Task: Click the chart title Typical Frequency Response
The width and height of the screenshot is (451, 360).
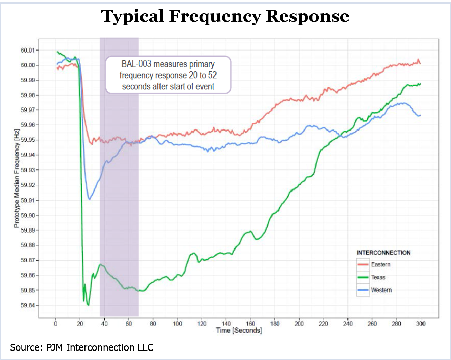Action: (225, 16)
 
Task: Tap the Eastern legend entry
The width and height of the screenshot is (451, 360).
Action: (380, 264)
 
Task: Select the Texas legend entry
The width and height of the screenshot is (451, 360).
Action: (378, 277)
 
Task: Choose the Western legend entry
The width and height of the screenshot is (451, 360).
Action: (381, 290)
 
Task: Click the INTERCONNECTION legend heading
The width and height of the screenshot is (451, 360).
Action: (383, 253)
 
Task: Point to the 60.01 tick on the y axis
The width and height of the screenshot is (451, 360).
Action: (28, 50)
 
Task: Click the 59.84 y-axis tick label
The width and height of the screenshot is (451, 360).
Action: (28, 305)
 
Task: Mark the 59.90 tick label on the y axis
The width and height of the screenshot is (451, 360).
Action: (28, 215)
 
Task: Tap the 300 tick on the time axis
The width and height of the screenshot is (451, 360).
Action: (421, 324)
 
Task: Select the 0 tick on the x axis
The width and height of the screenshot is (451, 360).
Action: (56, 324)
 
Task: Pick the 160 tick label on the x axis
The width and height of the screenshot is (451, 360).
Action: (250, 324)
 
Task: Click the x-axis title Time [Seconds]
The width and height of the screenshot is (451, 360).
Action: (239, 331)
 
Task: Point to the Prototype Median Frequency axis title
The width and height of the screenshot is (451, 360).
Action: (17, 178)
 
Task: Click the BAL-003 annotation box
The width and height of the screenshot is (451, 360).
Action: (168, 75)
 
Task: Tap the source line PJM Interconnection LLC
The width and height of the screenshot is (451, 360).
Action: (81, 347)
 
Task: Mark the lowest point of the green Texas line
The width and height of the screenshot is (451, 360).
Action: (88, 305)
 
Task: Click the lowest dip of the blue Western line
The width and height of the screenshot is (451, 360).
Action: (89, 199)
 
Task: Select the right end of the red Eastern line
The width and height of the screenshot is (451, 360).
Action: (420, 63)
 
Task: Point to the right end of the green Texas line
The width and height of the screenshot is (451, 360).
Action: (420, 84)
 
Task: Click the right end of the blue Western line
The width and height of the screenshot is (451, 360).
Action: (420, 115)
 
